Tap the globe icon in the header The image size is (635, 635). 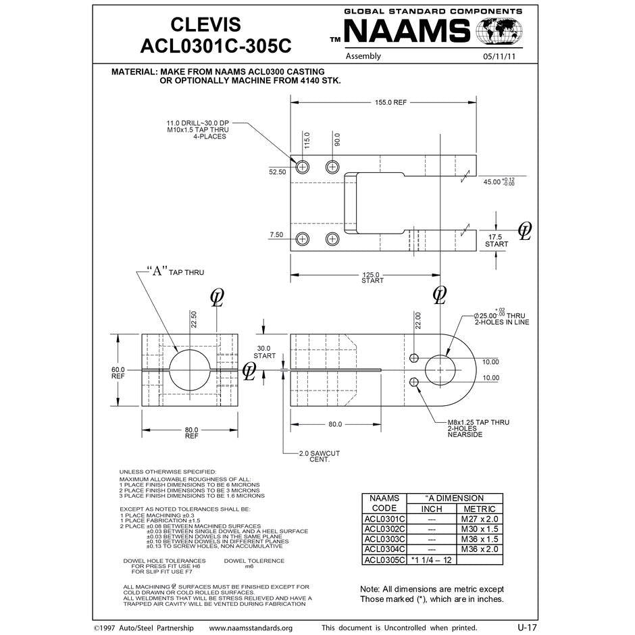pos(499,32)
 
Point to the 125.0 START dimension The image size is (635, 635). pos(372,278)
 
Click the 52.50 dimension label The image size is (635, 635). pos(278,172)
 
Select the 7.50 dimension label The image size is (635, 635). pos(276,234)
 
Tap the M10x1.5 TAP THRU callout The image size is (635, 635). pos(198,130)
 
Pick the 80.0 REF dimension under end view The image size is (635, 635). pos(191,433)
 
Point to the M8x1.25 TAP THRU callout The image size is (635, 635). pos(478,422)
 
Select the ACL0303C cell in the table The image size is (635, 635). pos(384,539)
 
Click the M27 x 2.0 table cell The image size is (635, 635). pos(478,519)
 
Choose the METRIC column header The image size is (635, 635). pos(479,509)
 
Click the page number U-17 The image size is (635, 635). pos(528,628)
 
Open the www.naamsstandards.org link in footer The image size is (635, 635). pos(251,628)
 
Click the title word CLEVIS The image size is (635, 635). pos(205,25)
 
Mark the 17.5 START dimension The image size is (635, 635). pos(497,240)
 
